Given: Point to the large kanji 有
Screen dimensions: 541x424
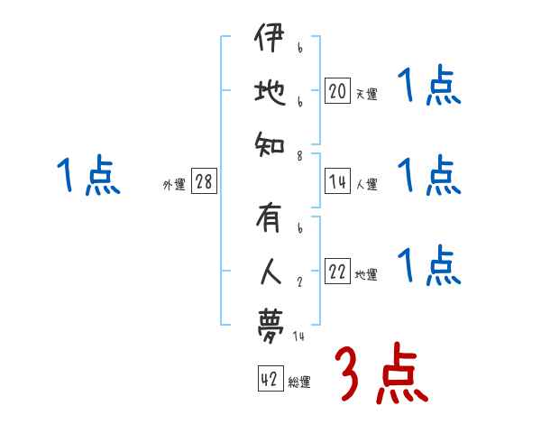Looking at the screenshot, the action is (270, 219).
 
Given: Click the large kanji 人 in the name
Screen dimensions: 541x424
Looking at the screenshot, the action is (270, 270).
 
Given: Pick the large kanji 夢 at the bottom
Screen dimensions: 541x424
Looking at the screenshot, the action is (270, 320).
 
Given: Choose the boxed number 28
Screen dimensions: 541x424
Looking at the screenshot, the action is (204, 182).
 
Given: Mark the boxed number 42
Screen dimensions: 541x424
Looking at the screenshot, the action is (269, 380).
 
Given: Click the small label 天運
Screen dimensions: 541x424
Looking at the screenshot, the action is (366, 94).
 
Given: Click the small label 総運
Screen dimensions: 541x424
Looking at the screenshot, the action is (298, 383).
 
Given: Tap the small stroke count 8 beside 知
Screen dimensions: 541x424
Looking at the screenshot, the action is (300, 155).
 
